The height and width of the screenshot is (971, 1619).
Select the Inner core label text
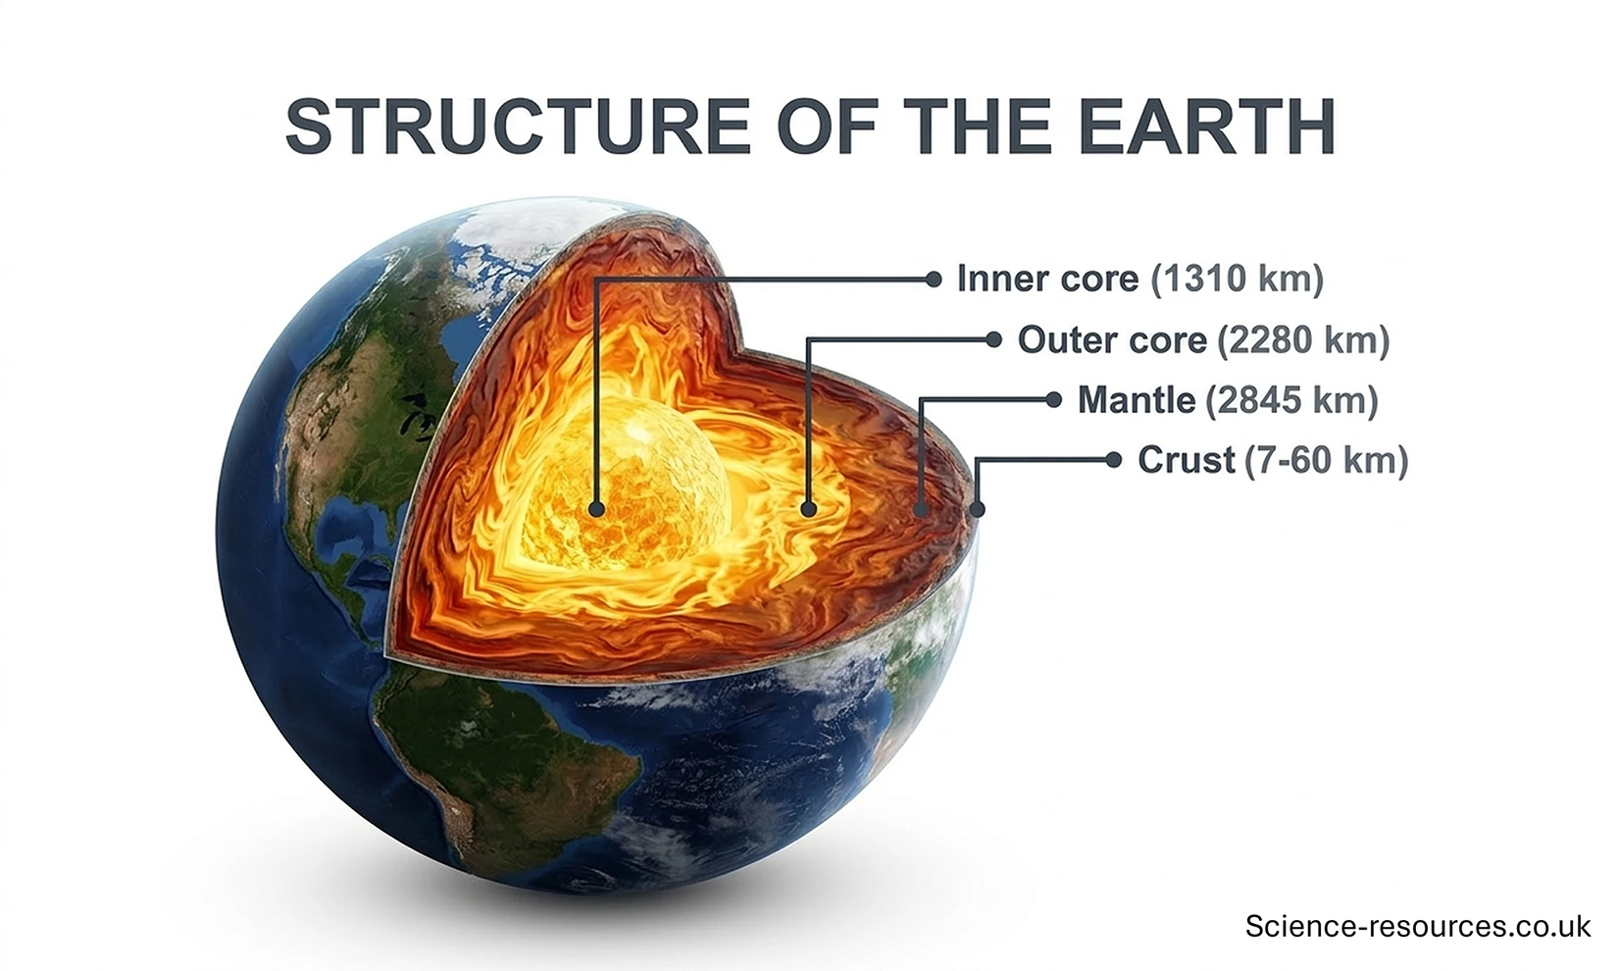coord(1046,279)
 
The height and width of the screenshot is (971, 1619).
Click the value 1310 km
coord(1238,279)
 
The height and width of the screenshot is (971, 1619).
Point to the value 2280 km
coord(1303,339)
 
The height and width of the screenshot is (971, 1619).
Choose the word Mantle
coord(1136,400)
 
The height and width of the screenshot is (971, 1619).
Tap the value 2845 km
coord(1291,400)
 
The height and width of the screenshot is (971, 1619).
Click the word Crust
coord(1186,460)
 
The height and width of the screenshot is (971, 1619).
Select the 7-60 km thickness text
coord(1326,460)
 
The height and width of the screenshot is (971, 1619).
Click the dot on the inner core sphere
coord(596,509)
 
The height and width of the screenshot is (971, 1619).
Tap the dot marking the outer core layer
coord(808,509)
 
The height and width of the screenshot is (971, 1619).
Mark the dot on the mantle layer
coord(921,509)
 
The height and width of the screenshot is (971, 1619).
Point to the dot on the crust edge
coord(977,509)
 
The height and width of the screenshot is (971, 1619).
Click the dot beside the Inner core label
coord(934,280)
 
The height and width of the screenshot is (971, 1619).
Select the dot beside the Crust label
coord(1113,460)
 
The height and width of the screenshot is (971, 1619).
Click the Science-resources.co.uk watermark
coord(1417,926)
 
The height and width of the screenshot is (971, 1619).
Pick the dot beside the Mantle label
coord(1053,400)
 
